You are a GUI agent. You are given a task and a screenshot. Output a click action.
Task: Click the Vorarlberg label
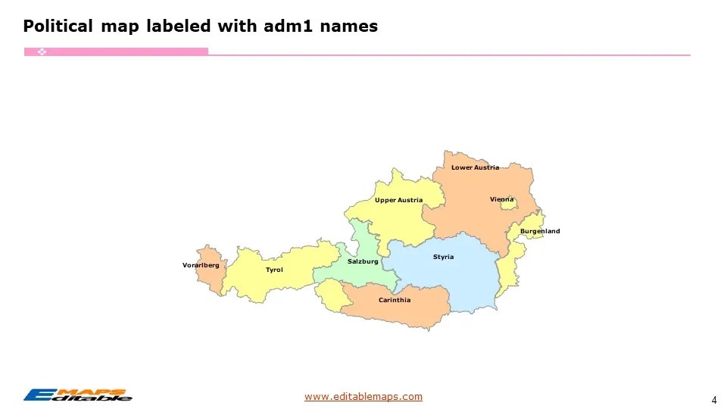pyautogui.click(x=201, y=265)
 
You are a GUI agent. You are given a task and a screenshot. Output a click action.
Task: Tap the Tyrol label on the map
pyautogui.click(x=274, y=270)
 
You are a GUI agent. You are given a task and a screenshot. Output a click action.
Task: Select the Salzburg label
pyautogui.click(x=363, y=261)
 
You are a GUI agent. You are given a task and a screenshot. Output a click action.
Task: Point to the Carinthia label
pyautogui.click(x=395, y=300)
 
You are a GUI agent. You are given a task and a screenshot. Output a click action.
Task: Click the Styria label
pyautogui.click(x=443, y=257)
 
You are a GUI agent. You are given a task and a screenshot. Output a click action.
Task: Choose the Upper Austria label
pyautogui.click(x=398, y=200)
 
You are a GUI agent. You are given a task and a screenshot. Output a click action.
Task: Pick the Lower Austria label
pyautogui.click(x=475, y=167)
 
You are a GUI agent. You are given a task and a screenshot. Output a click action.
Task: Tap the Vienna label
pyautogui.click(x=501, y=199)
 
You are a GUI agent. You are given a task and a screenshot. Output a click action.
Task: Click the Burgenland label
pyautogui.click(x=540, y=231)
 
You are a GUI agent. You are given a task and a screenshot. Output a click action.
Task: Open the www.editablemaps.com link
pyautogui.click(x=363, y=396)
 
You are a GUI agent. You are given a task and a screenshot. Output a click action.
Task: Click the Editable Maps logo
pyautogui.click(x=77, y=395)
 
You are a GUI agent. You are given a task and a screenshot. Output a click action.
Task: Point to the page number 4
pyautogui.click(x=714, y=399)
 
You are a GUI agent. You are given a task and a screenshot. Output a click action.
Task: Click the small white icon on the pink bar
pyautogui.click(x=42, y=52)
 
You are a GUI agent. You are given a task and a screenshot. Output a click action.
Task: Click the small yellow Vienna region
pyautogui.click(x=506, y=205)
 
